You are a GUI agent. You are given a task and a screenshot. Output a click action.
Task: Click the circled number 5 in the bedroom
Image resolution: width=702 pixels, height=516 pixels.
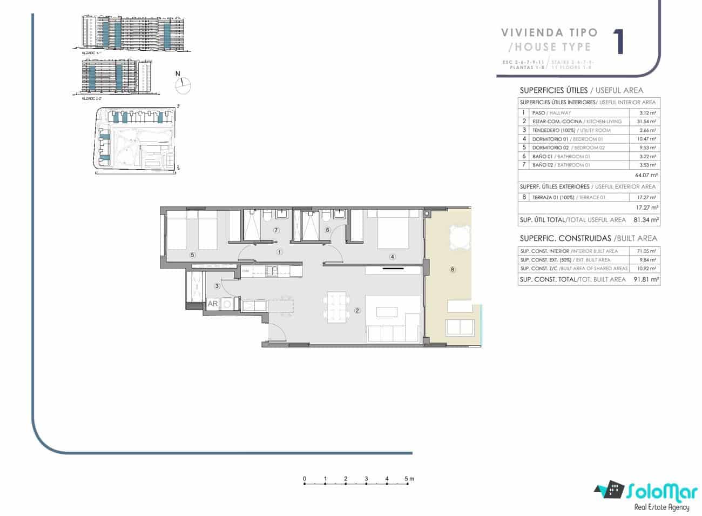tap(192, 254)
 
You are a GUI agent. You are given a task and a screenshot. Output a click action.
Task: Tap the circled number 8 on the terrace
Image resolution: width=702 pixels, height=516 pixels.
tap(452, 269)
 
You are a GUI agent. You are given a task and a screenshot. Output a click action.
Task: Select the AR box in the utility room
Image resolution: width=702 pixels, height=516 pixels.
tap(213, 304)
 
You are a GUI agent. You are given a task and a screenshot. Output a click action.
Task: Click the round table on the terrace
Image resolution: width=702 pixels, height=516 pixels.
tap(459, 236)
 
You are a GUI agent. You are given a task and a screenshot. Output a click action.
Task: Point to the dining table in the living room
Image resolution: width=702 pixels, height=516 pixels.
tap(335, 307)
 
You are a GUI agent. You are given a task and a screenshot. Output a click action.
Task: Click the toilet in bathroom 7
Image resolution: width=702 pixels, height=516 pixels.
tap(267, 217)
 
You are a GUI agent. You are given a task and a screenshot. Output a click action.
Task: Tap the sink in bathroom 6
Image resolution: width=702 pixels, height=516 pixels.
tap(340, 215)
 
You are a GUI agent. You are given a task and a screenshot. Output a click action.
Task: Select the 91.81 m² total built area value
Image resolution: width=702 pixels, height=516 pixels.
tap(646, 279)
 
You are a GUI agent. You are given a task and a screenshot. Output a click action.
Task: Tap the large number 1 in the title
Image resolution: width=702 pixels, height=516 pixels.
tap(619, 41)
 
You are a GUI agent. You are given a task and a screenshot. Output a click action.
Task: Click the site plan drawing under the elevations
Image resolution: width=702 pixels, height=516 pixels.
tap(135, 139)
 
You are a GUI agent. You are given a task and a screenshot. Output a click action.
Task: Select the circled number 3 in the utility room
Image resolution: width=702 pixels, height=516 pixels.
tap(217, 286)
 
